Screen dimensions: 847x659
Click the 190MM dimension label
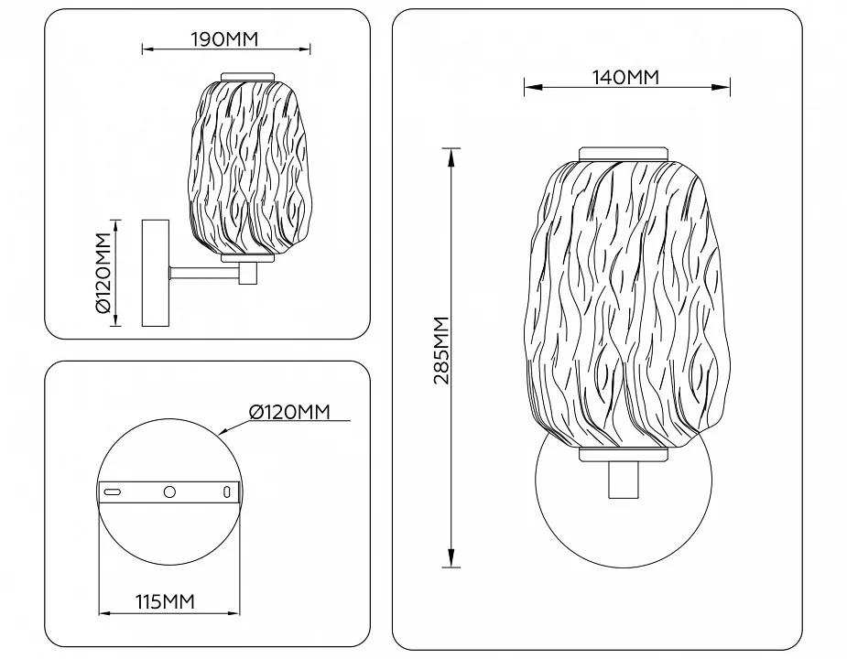pos(224,39)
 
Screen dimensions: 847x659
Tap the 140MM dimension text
pos(626,78)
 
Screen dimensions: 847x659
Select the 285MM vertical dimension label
pos(441,350)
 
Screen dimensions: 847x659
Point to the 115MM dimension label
pos(165,601)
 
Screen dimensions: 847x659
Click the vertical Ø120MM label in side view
pos(103,273)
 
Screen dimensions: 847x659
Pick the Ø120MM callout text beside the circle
pos(289,412)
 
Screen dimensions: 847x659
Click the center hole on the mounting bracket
pos(169,492)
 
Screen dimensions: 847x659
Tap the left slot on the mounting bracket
pos(112,492)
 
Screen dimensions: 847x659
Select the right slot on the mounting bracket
pos(227,492)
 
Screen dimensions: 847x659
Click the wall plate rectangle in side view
pos(156,273)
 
